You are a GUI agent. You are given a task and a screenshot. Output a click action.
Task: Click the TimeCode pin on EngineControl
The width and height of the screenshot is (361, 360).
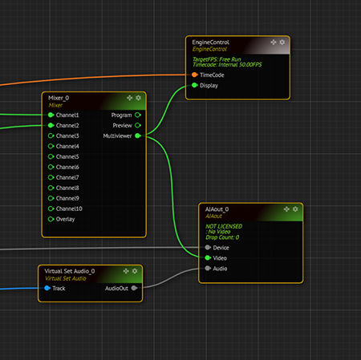[x=195, y=75]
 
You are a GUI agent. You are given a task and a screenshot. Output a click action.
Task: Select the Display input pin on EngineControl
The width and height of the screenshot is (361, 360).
[x=195, y=85]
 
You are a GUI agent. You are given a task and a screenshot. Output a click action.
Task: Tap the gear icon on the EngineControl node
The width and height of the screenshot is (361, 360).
[x=282, y=42]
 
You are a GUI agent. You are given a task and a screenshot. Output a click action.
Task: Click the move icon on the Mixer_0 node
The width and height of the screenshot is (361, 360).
[x=130, y=98]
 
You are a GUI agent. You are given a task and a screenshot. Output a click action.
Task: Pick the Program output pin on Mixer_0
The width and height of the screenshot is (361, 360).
[x=138, y=115]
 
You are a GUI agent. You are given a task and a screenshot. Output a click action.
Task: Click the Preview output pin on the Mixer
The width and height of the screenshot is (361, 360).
[x=138, y=125]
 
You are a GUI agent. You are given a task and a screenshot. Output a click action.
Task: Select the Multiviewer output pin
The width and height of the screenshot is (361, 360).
[x=138, y=136]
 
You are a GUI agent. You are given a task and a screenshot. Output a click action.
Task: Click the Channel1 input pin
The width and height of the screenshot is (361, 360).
[x=51, y=115]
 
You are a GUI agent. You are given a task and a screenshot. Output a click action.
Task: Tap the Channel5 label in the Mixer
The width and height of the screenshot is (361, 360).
[x=67, y=156]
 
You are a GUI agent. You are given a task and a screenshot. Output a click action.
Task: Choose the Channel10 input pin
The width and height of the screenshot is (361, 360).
[x=51, y=208]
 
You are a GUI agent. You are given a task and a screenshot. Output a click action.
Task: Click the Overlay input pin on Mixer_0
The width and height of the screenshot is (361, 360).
[x=51, y=219]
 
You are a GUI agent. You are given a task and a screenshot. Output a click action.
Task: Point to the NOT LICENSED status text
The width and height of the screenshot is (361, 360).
[x=224, y=226]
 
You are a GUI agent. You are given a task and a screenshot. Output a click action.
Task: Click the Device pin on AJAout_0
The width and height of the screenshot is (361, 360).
[x=208, y=248]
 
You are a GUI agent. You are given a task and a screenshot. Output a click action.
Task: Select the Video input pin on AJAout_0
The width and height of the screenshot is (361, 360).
[x=208, y=258]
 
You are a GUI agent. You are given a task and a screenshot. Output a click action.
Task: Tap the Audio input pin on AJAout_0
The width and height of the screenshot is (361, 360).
[x=208, y=269]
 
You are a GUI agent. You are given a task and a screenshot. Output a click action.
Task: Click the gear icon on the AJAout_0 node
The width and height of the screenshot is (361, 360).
[x=295, y=209]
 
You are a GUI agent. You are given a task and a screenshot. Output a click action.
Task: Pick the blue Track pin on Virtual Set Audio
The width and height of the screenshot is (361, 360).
[x=47, y=288]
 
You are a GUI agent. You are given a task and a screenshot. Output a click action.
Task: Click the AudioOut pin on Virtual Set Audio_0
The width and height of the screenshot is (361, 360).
[x=134, y=288]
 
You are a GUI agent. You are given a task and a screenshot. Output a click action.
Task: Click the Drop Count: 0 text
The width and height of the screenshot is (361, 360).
[x=222, y=237]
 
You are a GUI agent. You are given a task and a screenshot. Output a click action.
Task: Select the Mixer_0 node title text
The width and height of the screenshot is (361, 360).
[x=59, y=98]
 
